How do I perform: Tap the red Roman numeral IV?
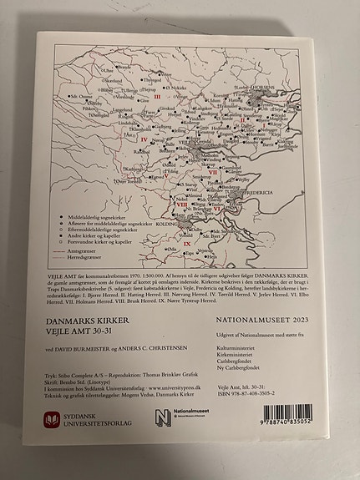(x=144, y=139)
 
